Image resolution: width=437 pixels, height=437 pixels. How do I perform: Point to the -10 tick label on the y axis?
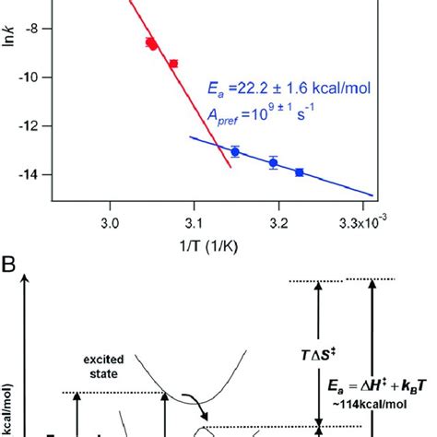pos(33,77)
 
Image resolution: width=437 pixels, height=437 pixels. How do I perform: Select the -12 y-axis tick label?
pos(33,125)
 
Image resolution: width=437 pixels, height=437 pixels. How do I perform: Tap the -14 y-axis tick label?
pos(33,174)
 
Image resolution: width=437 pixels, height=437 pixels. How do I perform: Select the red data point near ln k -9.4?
pos(172,64)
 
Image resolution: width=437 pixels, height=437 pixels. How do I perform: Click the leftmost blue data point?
pos(235,151)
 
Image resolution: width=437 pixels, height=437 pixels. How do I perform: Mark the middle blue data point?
pos(273,163)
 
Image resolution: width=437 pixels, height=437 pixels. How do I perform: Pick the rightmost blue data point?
pos(299,172)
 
